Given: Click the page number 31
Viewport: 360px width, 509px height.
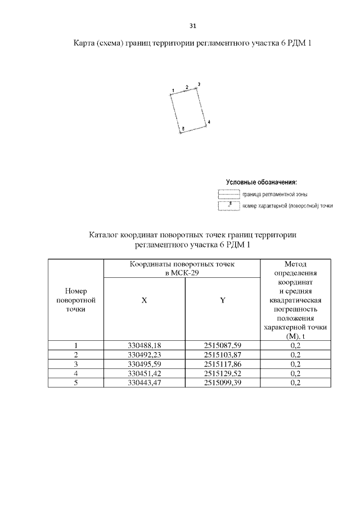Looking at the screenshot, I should (192, 26).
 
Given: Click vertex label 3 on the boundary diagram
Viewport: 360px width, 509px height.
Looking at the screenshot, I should (199, 84).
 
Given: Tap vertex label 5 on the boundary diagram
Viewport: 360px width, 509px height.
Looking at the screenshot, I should (182, 129).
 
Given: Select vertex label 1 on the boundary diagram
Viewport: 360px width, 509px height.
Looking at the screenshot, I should (173, 90).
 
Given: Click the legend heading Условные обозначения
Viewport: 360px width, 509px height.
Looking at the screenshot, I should (262, 182).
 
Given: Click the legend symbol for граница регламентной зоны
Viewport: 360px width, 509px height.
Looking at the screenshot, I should (228, 195).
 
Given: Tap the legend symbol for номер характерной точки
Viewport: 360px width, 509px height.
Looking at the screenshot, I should (228, 206).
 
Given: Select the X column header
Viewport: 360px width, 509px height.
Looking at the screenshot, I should (144, 301).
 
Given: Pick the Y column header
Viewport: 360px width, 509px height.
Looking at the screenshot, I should (223, 301).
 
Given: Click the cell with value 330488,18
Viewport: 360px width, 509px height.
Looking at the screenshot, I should (145, 345).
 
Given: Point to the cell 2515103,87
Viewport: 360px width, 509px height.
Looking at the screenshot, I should (223, 355).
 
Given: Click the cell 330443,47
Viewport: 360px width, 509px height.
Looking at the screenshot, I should (145, 383).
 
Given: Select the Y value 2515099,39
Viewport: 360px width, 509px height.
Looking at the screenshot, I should (223, 383).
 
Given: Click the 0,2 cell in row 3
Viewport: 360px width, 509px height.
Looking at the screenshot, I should (295, 364).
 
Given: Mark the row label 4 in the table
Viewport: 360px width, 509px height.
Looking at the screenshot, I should (75, 373).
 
